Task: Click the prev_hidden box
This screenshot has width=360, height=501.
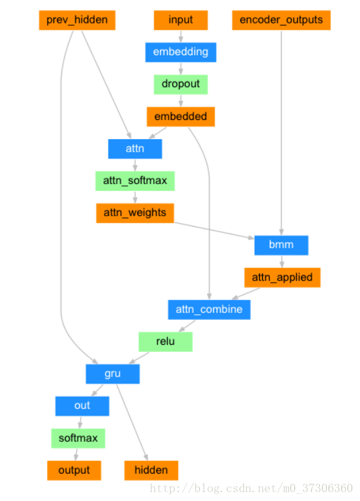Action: [x=77, y=20]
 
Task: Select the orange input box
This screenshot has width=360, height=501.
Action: [x=181, y=20]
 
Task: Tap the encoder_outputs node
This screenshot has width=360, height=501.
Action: [x=281, y=20]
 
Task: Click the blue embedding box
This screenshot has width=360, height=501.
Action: [x=181, y=52]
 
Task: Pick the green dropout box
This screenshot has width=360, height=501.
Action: [x=181, y=84]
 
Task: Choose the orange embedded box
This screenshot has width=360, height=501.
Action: [x=181, y=117]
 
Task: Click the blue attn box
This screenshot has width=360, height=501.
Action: [x=135, y=149]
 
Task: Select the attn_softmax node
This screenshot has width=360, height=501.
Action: [x=135, y=181]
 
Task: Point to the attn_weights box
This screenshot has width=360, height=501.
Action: [x=135, y=213]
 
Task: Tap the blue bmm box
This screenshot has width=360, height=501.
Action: [x=281, y=245]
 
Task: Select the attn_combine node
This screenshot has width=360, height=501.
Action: [x=209, y=310]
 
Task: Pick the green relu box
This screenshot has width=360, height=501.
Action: [x=165, y=342]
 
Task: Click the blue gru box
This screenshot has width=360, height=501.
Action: [x=112, y=374]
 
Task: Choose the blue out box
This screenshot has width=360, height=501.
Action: [x=82, y=406]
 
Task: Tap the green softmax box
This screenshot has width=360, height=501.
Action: [x=78, y=438]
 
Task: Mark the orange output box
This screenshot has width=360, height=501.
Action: [x=74, y=471]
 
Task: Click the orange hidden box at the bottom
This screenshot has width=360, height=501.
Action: [x=151, y=471]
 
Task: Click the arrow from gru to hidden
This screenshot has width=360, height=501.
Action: [x=131, y=422]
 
